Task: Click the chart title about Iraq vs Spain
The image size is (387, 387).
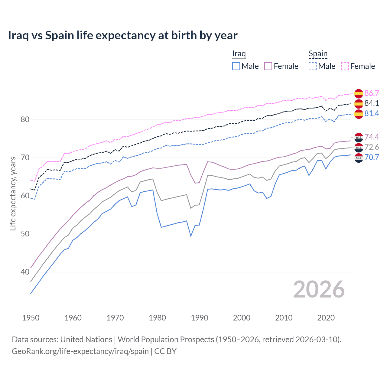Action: [x=122, y=35]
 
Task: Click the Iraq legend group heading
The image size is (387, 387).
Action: [x=239, y=54]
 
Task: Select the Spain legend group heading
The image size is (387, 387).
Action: [x=318, y=54]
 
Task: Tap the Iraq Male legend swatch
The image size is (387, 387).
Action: [x=236, y=66]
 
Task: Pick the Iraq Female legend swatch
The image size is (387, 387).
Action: [x=268, y=66]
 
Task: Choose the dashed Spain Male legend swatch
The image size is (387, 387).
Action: [x=313, y=66]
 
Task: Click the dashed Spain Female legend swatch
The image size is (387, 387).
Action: [x=345, y=66]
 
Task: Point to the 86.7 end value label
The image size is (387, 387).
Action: [x=372, y=93]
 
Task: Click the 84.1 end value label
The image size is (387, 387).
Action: [x=372, y=103]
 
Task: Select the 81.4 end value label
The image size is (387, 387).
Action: [x=372, y=113]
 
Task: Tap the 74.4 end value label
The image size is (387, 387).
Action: [x=372, y=137]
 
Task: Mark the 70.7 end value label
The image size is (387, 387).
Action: [x=372, y=157]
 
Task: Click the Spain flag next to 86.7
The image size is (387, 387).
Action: [x=359, y=93]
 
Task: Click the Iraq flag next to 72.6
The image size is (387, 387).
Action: [x=359, y=147]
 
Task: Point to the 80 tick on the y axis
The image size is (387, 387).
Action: [x=25, y=119]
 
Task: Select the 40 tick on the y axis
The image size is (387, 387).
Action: [x=25, y=272]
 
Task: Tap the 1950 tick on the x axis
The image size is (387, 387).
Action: [x=31, y=318]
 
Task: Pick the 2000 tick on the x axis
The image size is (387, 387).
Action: [x=242, y=318]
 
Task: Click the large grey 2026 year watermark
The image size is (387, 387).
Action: [x=319, y=289]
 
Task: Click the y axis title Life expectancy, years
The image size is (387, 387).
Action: [x=13, y=193]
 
